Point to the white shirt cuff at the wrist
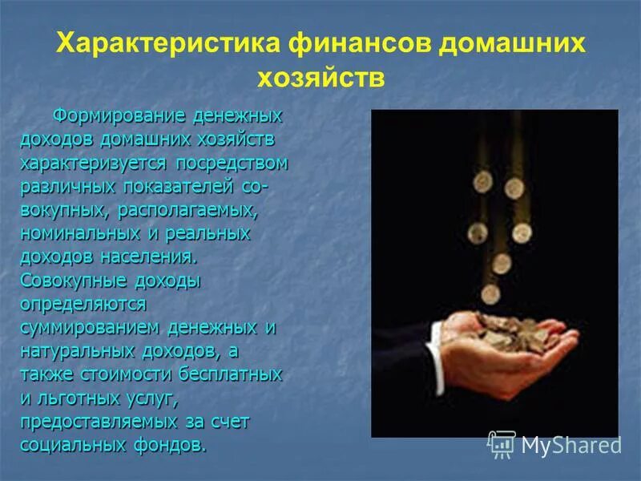(437, 337)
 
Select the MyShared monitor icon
(502, 444)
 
